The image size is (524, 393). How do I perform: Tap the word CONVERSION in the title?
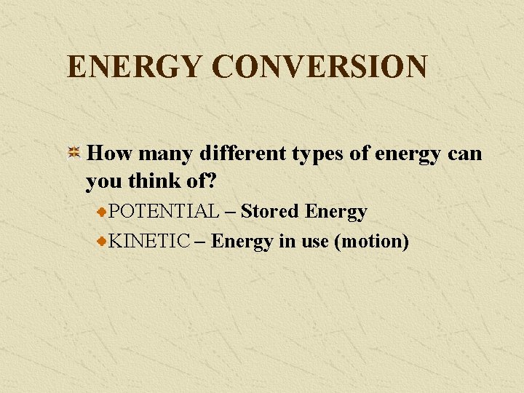coord(319,67)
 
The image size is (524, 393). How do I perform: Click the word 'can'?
coord(466,155)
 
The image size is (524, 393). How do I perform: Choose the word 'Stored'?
coord(270,212)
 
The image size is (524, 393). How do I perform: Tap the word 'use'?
coord(315,242)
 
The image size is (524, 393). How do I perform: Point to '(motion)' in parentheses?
coord(371,242)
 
